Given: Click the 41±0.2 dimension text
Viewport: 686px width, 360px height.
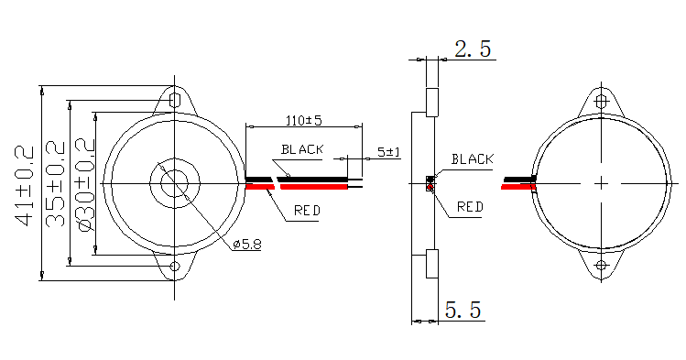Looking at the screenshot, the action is click(x=25, y=186).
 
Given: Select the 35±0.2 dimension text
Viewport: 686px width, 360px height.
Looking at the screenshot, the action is click(x=56, y=184).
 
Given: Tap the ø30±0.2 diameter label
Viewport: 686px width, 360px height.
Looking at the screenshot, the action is click(x=86, y=185).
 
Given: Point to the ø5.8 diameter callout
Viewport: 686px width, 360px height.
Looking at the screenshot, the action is click(x=247, y=244).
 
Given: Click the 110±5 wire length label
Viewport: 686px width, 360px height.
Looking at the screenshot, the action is click(x=304, y=120).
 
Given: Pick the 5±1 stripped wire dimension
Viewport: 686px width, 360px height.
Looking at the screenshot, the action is click(x=389, y=152).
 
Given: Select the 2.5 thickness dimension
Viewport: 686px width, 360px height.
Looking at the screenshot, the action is click(x=473, y=49).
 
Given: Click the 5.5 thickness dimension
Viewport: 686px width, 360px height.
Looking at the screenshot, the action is click(x=463, y=310).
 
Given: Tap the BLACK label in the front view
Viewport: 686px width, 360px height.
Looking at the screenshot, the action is click(x=302, y=149).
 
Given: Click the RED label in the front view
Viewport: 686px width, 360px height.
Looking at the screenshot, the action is click(x=307, y=211).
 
